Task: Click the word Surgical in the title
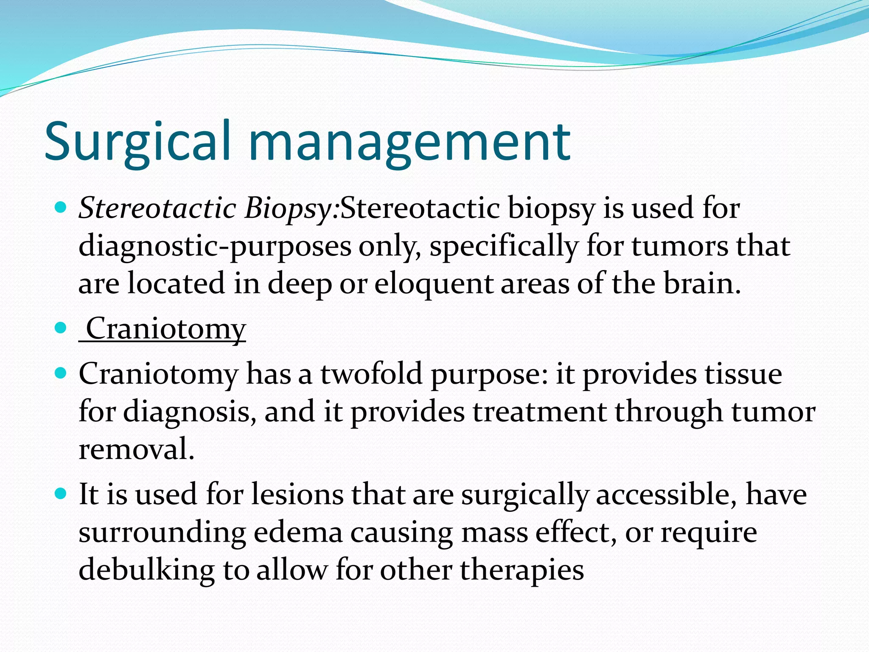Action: pyautogui.click(x=138, y=142)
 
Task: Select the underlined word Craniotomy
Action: pyautogui.click(x=165, y=329)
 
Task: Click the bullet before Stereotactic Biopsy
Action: pyautogui.click(x=62, y=208)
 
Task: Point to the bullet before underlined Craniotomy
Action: pyautogui.click(x=62, y=328)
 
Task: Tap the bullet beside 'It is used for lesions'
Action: pyautogui.click(x=62, y=493)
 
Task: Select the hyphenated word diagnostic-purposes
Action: pyautogui.click(x=215, y=247)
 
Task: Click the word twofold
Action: pyautogui.click(x=371, y=374)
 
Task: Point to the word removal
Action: pyautogui.click(x=136, y=449)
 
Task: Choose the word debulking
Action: pyautogui.click(x=146, y=570)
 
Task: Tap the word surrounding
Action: pyautogui.click(x=162, y=533)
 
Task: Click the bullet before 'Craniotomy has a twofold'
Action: pyautogui.click(x=62, y=374)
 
